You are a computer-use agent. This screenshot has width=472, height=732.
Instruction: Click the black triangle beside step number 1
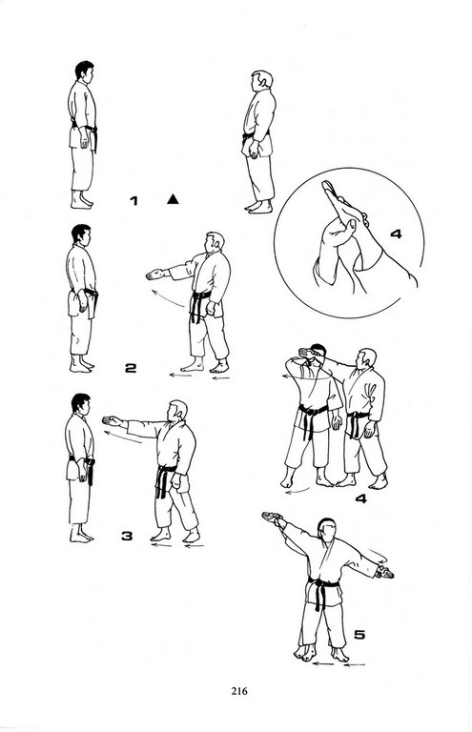coord(173,200)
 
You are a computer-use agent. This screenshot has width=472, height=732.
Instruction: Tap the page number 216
coord(239,691)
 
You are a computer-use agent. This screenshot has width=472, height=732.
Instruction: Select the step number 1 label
coord(134,201)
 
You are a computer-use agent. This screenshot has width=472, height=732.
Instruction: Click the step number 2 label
coord(131,368)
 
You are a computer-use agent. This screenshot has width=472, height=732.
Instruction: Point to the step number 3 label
coord(127,536)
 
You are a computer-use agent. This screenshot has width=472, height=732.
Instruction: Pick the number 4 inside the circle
coord(396,234)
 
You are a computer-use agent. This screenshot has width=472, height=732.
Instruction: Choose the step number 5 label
coord(359,635)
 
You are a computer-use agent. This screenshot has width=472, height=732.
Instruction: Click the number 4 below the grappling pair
coord(360,498)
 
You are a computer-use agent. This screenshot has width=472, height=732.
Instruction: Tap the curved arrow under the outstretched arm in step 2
coord(166,298)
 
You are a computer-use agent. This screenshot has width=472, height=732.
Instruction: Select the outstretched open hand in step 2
coord(155,274)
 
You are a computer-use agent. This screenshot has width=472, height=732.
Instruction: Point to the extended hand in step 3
coord(113,421)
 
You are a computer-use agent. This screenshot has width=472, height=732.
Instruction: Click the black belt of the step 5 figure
coord(322,589)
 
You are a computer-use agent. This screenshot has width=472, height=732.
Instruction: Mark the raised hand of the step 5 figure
coord(273,517)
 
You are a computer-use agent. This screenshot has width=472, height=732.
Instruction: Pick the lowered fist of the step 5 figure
coord(384,572)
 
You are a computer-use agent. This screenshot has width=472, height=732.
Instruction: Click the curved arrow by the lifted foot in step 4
coord(297,490)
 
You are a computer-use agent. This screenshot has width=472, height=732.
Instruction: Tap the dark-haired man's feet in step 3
coord(81,535)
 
